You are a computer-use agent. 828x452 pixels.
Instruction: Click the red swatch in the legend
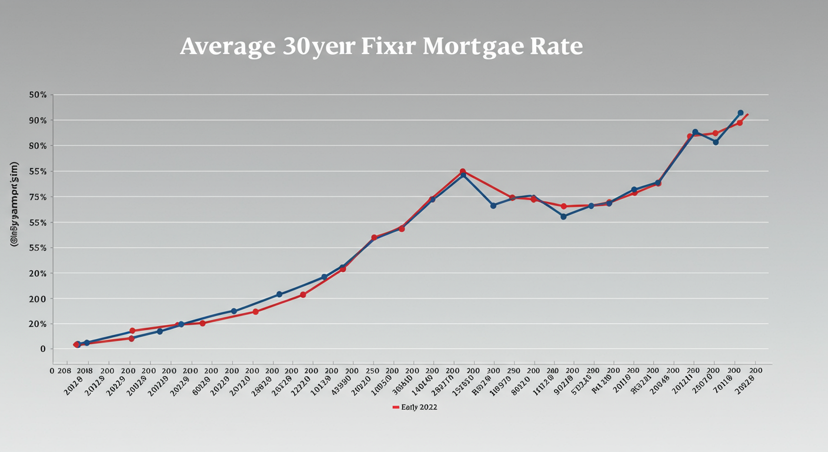coord(395,407)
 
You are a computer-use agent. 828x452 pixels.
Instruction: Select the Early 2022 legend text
coord(419,407)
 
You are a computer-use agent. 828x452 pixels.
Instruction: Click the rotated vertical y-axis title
coord(15,203)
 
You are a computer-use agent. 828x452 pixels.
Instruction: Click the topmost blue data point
coord(740,113)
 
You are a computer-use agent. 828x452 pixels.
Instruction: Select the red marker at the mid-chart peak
coord(462,172)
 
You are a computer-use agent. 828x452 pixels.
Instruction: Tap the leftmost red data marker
coord(76,345)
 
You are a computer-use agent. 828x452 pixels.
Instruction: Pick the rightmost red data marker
coord(740,123)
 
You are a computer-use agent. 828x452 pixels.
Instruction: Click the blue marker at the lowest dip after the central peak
coord(563,217)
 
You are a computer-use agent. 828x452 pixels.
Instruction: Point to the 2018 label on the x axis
coord(85,371)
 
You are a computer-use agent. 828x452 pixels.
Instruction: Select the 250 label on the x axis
coord(372,371)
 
